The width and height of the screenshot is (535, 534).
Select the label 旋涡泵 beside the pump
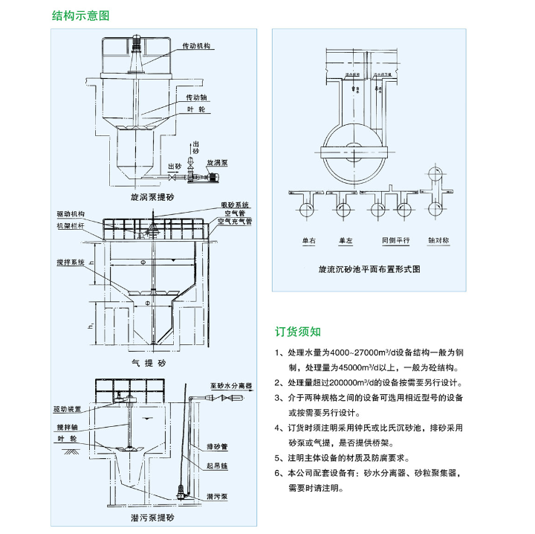[217, 161]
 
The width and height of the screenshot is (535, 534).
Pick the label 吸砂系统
[234, 204]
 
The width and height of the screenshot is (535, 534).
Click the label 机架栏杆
[71, 225]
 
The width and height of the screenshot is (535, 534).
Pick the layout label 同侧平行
[395, 241]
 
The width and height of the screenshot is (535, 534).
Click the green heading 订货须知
[298, 332]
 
